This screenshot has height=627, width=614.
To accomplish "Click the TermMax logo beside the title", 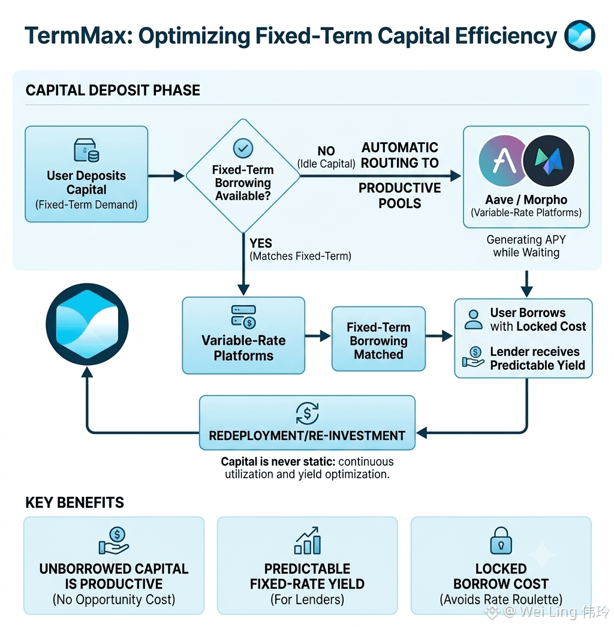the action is click(580, 35).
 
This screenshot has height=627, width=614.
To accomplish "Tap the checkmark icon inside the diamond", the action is click(243, 148).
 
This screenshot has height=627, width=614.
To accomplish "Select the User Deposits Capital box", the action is click(86, 174).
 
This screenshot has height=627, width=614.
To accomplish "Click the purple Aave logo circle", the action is click(504, 161).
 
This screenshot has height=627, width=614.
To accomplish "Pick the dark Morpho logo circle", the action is click(549, 161).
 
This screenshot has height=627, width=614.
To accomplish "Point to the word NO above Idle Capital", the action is click(326, 150).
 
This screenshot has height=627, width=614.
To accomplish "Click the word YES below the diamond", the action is click(261, 243).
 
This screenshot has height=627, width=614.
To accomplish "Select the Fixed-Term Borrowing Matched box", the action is click(378, 339).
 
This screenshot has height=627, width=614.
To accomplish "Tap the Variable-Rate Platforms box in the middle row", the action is click(243, 336).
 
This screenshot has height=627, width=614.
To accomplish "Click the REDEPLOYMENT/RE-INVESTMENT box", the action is click(307, 423).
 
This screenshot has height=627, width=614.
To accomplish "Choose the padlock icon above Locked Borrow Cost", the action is click(501, 540).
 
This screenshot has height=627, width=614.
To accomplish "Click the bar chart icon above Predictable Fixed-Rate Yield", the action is click(307, 540).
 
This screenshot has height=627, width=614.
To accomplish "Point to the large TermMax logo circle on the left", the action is click(87, 324).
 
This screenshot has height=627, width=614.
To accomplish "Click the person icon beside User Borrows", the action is click(473, 319).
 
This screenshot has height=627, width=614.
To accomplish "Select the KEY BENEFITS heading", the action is click(75, 503).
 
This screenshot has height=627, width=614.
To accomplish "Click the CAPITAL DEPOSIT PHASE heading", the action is click(113, 91).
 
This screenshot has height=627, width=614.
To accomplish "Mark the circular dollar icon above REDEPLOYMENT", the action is click(307, 413).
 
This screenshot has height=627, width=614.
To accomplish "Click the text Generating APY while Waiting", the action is click(526, 246).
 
